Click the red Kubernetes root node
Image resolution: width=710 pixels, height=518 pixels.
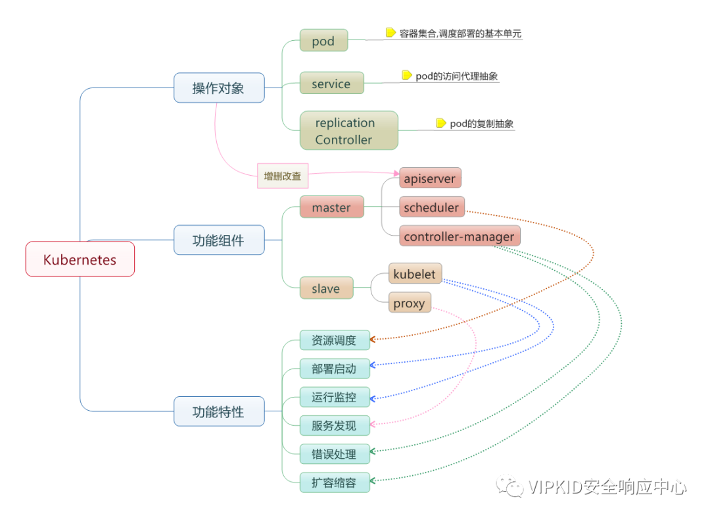click(x=80, y=259)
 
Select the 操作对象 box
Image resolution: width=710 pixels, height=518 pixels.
click(x=219, y=88)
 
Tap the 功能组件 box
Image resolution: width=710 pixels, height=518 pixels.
click(x=219, y=240)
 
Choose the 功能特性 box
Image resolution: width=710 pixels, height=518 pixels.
click(x=219, y=411)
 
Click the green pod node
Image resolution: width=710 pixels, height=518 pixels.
click(x=323, y=41)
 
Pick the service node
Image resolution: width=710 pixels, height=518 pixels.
click(x=331, y=84)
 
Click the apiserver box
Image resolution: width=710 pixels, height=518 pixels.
click(x=430, y=178)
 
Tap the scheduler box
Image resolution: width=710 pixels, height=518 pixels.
click(x=431, y=207)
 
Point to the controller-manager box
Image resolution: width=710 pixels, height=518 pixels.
click(x=460, y=236)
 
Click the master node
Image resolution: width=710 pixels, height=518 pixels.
click(x=331, y=207)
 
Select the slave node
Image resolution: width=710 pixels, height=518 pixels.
click(x=326, y=288)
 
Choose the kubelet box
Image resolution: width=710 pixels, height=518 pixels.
click(x=414, y=274)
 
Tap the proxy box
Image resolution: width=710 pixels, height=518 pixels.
click(x=409, y=303)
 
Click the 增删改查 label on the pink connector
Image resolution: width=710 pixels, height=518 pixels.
click(x=283, y=176)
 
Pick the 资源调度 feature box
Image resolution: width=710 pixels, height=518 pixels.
click(x=335, y=340)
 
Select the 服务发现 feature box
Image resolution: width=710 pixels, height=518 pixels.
click(x=335, y=426)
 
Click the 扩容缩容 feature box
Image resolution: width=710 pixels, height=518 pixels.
click(x=335, y=482)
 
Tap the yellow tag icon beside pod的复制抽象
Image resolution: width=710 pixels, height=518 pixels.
click(x=441, y=123)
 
